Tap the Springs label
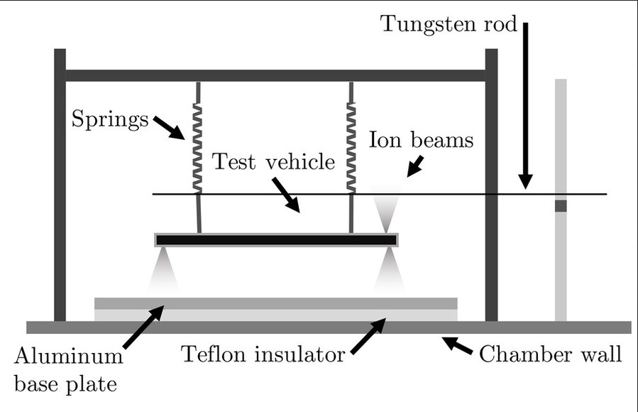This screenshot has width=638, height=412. point(110,118)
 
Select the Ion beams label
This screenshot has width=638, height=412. point(421,140)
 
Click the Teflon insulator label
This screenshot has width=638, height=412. point(263,353)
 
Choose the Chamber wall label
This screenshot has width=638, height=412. point(550,353)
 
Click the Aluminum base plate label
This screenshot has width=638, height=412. point(68,369)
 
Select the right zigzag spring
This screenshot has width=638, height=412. point(350,146)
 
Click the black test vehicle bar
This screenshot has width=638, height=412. point(276,240)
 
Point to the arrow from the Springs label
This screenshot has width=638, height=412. point(168,128)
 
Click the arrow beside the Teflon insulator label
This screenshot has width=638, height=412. point(368,336)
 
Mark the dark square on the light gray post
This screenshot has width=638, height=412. point(561,206)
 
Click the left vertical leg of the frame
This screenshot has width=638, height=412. point(60,185)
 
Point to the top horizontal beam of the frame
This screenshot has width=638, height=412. point(276,75)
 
